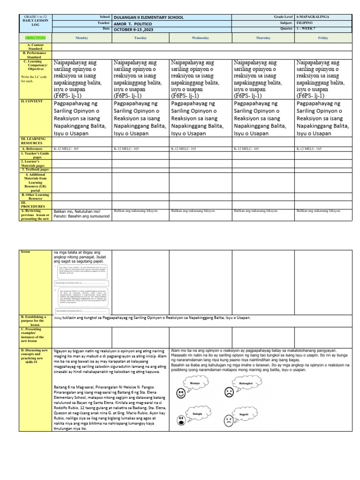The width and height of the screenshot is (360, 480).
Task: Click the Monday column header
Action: tap(82, 37)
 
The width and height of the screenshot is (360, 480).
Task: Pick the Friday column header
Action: tap(322, 37)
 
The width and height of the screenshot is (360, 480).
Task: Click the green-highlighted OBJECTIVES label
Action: tap(36, 37)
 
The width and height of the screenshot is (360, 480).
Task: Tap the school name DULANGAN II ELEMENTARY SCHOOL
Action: tap(149, 17)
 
